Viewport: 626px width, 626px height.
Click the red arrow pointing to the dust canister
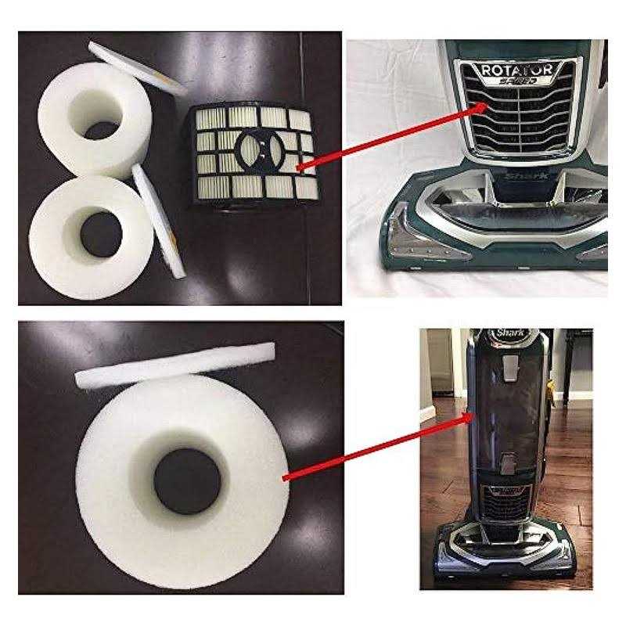tap(376, 446)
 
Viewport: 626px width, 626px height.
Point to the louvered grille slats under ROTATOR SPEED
tap(516, 121)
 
